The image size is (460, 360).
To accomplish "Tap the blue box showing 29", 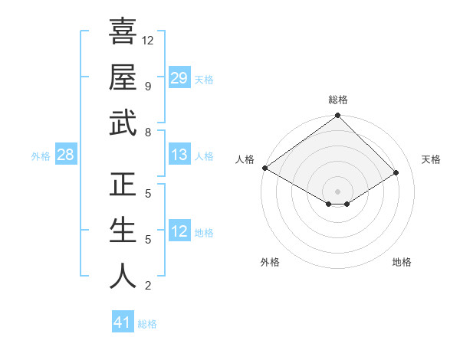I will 179,77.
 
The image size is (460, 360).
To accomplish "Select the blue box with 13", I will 179,155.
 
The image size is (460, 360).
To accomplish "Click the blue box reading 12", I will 179,231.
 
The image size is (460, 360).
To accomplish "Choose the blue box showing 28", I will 65,155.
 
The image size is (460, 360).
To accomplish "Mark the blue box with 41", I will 123,322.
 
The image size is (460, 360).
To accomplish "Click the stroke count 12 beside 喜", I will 148,40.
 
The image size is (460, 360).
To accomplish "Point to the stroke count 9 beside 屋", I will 147,86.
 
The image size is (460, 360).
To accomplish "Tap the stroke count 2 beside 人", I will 147,286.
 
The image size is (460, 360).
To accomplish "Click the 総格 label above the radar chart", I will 337,100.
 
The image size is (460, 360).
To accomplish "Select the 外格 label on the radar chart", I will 270,262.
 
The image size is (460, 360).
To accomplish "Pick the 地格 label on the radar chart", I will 402,262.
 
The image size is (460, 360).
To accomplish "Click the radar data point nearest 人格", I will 264,168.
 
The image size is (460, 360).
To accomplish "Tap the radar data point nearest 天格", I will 397,173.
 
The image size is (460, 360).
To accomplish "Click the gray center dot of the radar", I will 337,191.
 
